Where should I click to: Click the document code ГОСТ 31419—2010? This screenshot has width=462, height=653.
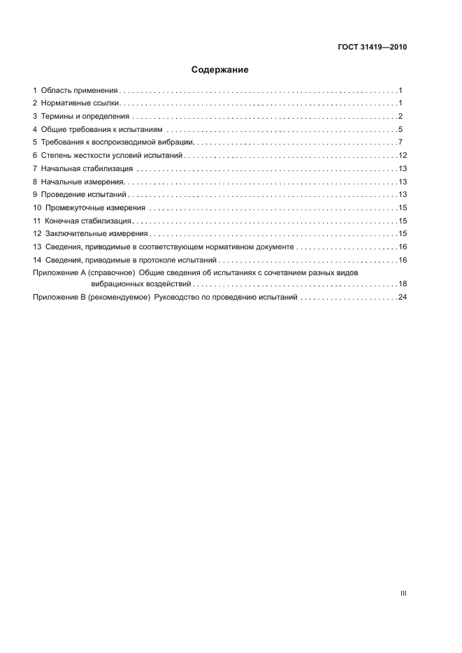click(x=372, y=48)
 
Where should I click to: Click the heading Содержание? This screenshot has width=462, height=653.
click(x=219, y=70)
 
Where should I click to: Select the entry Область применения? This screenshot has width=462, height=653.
click(x=79, y=91)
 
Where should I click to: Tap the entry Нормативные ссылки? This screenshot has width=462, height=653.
click(x=81, y=103)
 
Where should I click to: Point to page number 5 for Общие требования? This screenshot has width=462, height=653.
click(x=400, y=130)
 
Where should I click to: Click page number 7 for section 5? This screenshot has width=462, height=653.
click(x=400, y=142)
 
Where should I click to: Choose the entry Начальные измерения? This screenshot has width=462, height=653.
click(x=82, y=182)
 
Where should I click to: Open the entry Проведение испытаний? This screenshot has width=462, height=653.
click(x=83, y=195)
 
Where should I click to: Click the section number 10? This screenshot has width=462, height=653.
click(x=38, y=208)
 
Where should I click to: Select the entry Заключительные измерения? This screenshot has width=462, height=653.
click(x=96, y=234)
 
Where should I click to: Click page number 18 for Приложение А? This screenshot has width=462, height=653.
click(x=402, y=284)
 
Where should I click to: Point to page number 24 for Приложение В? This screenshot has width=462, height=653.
click(x=402, y=298)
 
